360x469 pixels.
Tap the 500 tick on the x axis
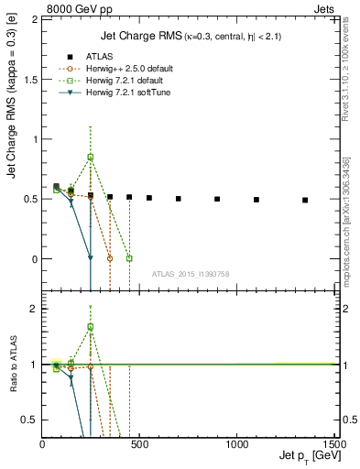click(140, 443)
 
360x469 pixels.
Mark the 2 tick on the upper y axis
click(35, 19)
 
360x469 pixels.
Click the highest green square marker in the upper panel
click(91, 157)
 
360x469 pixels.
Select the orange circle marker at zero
click(110, 258)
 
